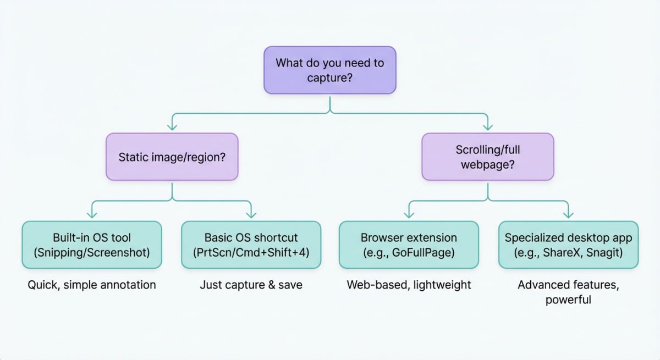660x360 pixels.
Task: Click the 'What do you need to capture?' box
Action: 329,70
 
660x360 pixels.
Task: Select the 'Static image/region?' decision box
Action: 172,157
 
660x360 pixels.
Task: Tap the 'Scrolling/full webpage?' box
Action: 487,157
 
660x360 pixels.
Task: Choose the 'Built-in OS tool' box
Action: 92,245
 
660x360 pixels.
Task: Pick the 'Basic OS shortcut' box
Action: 251,245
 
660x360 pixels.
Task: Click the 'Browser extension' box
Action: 409,245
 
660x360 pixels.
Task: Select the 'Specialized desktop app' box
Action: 568,245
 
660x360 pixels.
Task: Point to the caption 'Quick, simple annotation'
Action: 92,285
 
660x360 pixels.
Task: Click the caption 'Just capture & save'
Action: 251,285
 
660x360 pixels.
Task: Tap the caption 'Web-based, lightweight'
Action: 409,285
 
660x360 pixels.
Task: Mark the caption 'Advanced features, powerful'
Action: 568,292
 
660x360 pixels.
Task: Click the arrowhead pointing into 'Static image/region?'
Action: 172,126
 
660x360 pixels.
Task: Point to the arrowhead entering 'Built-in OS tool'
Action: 92,214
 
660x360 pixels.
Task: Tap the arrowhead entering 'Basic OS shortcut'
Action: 251,214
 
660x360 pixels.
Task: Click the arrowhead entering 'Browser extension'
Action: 409,214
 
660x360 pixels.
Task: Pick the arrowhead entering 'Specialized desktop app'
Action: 568,214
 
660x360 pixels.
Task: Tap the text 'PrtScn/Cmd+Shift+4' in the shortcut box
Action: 251,252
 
